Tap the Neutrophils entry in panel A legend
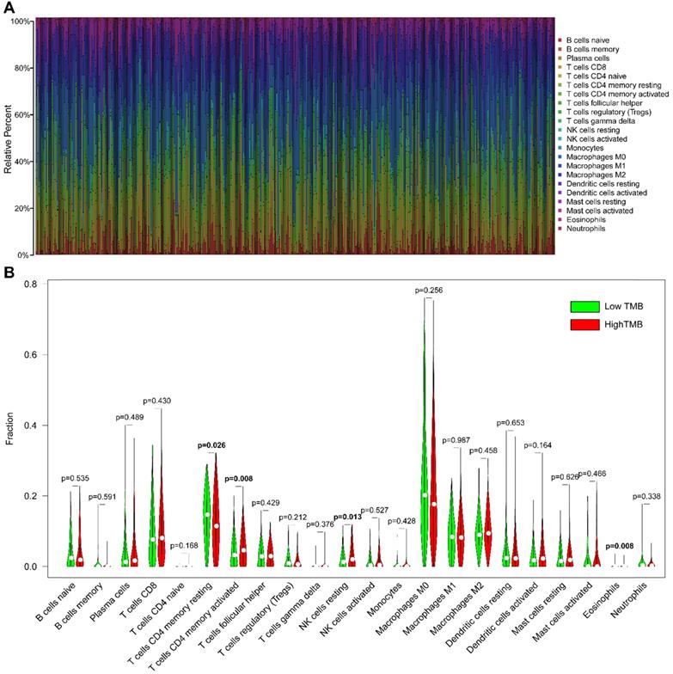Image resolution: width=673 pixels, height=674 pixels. click(584, 230)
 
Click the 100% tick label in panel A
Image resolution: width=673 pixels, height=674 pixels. click(20, 21)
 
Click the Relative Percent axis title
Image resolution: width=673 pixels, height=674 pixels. click(8, 138)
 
